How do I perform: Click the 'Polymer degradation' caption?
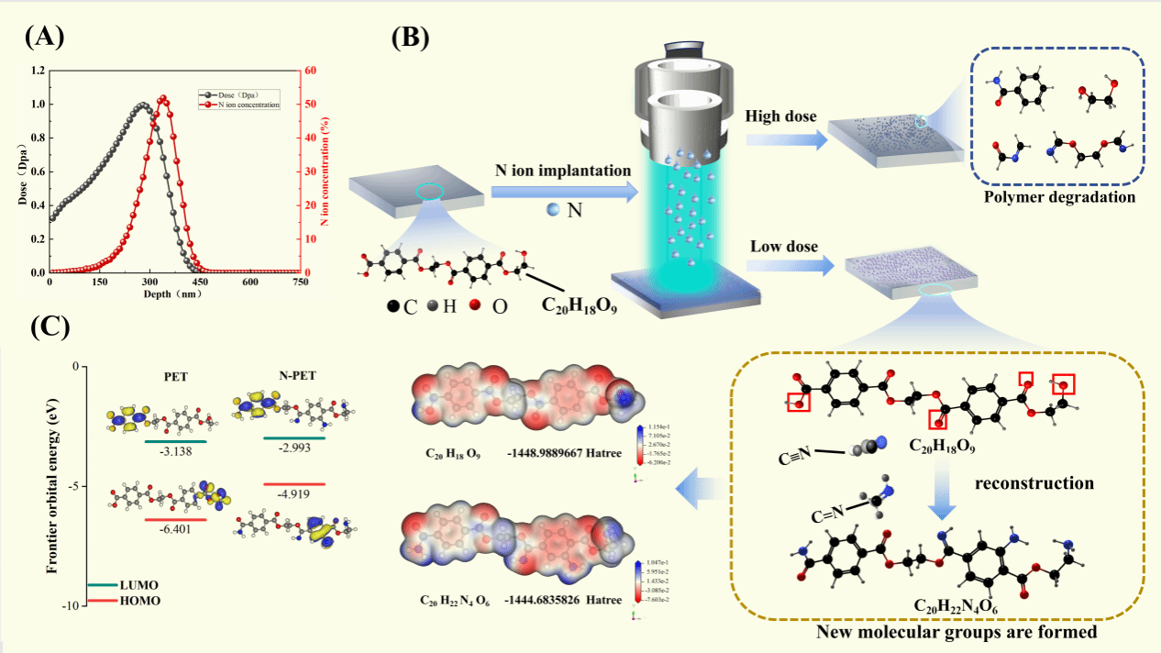click(x=1059, y=197)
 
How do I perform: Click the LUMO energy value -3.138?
click(x=174, y=451)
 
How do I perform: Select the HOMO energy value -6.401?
click(x=174, y=530)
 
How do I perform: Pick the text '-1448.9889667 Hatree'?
click(x=567, y=453)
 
